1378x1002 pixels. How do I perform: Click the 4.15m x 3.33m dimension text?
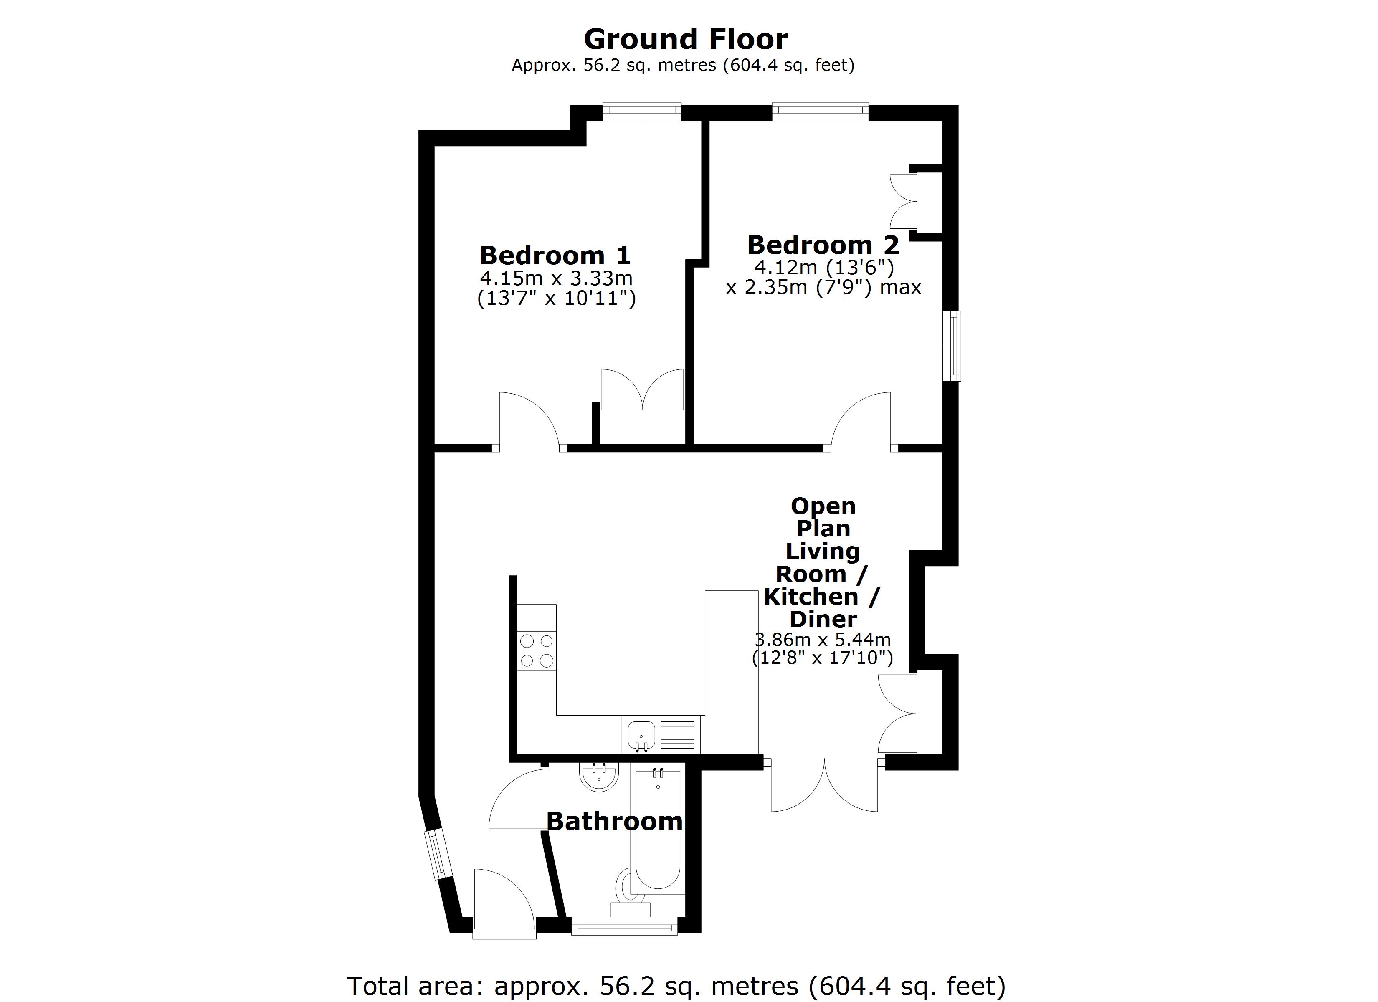point(556,278)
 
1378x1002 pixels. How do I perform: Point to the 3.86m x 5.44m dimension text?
point(822,639)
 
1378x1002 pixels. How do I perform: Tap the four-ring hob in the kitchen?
point(537,651)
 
